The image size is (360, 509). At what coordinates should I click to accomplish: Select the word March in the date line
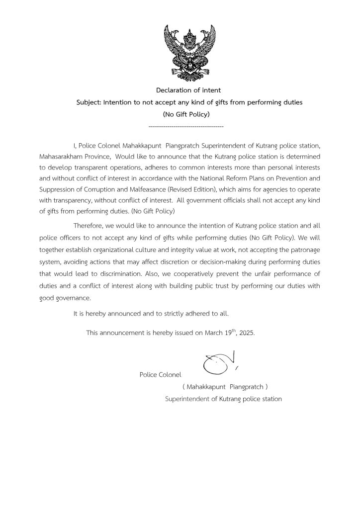pyautogui.click(x=214, y=333)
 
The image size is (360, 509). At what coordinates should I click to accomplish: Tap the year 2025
pyautogui.click(x=247, y=333)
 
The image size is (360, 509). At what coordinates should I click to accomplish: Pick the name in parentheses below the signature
pyautogui.click(x=225, y=386)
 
